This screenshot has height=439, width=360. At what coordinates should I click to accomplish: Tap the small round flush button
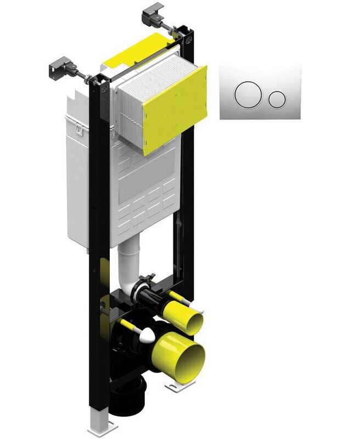pyautogui.click(x=278, y=98)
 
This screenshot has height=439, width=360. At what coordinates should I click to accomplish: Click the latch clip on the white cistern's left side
pyautogui.click(x=79, y=130)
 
